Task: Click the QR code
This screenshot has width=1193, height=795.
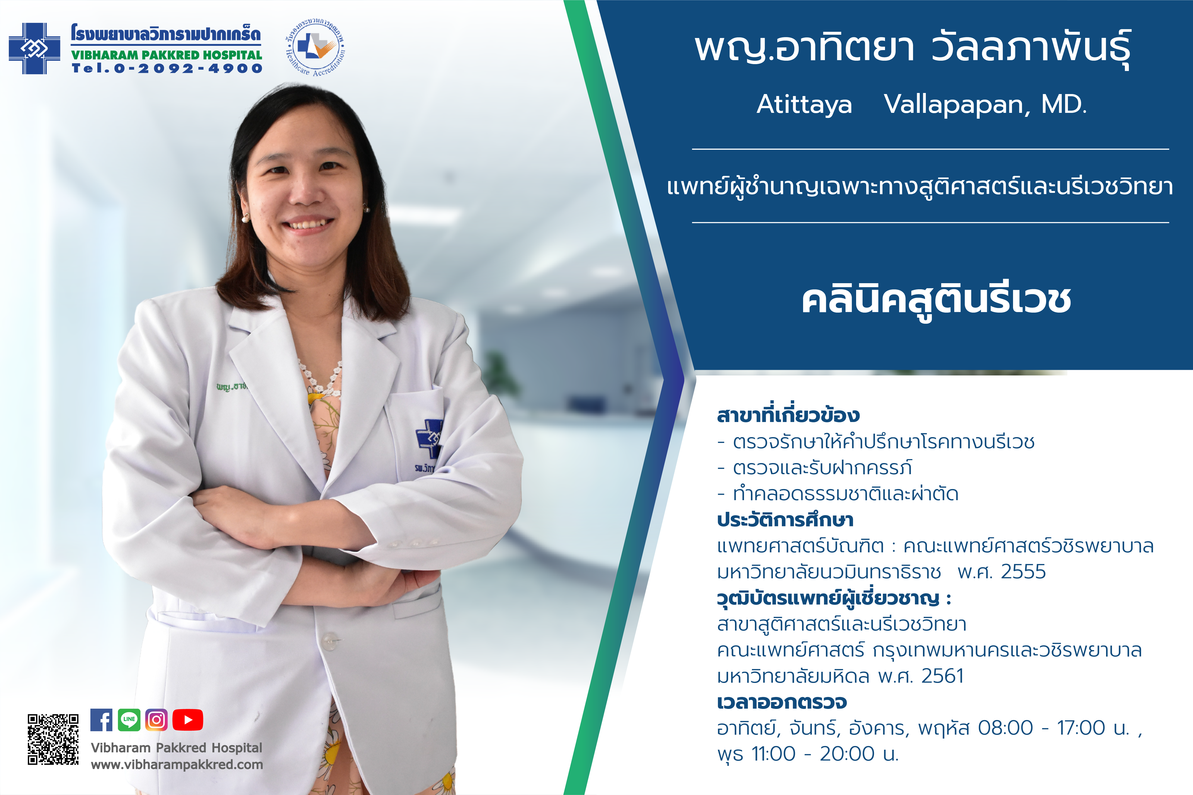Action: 53,739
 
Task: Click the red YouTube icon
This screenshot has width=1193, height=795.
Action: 188,720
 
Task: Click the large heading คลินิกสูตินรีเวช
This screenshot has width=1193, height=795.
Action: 936,300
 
